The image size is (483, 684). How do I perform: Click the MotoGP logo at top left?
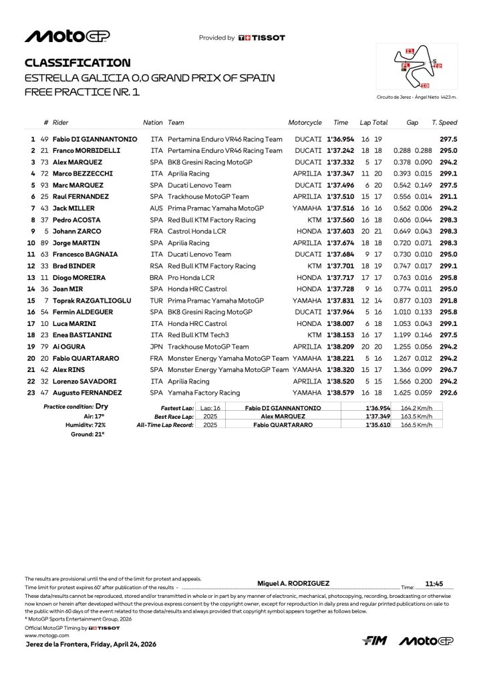pyautogui.click(x=67, y=36)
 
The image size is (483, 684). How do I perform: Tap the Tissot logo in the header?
pyautogui.click(x=262, y=38)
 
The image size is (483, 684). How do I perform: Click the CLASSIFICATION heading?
pyautogui.click(x=77, y=63)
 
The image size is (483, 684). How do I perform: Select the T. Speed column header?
pyautogui.click(x=444, y=123)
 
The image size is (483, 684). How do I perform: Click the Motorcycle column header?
pyautogui.click(x=305, y=123)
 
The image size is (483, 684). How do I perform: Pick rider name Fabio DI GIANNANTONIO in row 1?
pyautogui.click(x=95, y=139)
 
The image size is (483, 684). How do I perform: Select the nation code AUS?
pyautogui.click(x=156, y=208)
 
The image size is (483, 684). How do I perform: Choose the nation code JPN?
pyautogui.click(x=156, y=347)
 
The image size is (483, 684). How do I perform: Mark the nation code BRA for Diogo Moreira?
pyautogui.click(x=156, y=277)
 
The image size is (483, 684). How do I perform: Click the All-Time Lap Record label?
pyautogui.click(x=165, y=425)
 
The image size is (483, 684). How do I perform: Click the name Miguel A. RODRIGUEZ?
pyautogui.click(x=293, y=583)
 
